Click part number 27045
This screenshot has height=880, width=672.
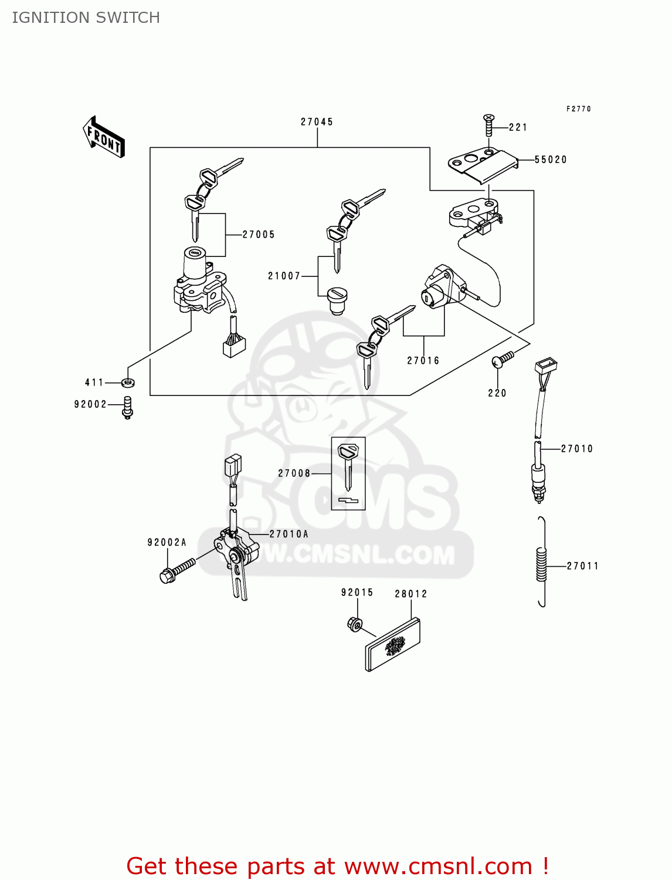tap(317, 122)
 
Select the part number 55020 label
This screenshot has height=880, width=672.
tap(550, 160)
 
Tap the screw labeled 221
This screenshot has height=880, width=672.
tap(488, 126)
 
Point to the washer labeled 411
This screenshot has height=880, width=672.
tap(128, 383)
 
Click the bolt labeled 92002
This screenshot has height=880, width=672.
tap(127, 407)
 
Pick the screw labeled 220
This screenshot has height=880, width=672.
tap(503, 359)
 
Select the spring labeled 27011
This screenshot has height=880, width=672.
tap(542, 563)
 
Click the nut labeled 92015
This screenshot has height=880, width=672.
tap(354, 624)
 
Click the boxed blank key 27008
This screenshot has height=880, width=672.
tap(348, 473)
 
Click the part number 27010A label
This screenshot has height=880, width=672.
tap(289, 534)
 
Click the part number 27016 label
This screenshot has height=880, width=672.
tap(423, 361)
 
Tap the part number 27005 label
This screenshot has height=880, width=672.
tap(259, 235)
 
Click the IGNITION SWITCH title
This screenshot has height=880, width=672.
tap(86, 18)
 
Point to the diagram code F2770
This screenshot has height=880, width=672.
tap(579, 109)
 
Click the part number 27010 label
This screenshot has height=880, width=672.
tap(577, 449)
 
